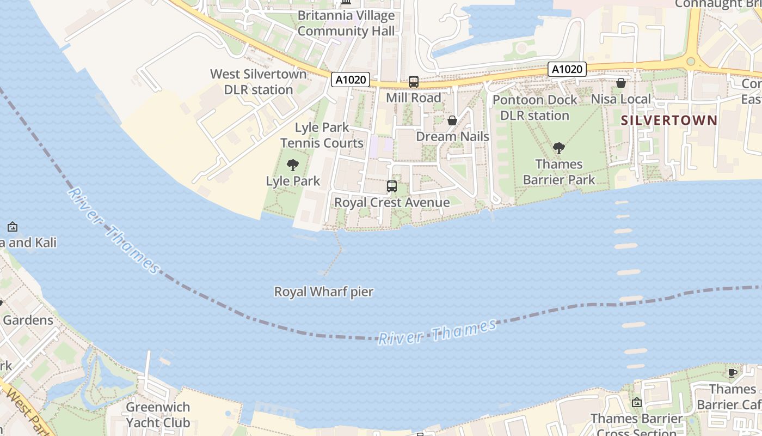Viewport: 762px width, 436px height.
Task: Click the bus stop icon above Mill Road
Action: pyautogui.click(x=414, y=82)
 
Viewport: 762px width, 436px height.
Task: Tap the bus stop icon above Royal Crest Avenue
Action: pyautogui.click(x=392, y=186)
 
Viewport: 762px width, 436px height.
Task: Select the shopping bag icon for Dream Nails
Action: pyautogui.click(x=452, y=120)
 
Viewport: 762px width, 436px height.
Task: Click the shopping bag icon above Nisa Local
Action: pyautogui.click(x=621, y=83)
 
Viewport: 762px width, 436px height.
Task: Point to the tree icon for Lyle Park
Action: pyautogui.click(x=293, y=165)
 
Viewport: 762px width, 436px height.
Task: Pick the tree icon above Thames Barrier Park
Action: pyautogui.click(x=558, y=148)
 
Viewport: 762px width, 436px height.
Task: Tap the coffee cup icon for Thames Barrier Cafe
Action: pyautogui.click(x=733, y=373)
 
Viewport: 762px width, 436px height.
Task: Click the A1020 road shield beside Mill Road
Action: pyautogui.click(x=351, y=80)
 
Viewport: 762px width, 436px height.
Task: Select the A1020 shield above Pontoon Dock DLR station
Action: pyautogui.click(x=567, y=69)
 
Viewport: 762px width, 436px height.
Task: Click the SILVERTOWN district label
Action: pyautogui.click(x=669, y=120)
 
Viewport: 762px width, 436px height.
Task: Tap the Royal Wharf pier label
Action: pyautogui.click(x=324, y=292)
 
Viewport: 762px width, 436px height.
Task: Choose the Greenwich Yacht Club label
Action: pyautogui.click(x=158, y=415)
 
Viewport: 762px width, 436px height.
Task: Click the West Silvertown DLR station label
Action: pyautogui.click(x=259, y=82)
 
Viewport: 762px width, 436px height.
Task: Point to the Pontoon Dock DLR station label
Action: pyautogui.click(x=534, y=107)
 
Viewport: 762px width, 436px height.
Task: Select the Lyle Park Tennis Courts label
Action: pyautogui.click(x=322, y=135)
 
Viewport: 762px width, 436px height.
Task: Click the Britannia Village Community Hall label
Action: pyautogui.click(x=346, y=23)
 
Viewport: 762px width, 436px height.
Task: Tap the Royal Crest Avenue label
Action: pyautogui.click(x=392, y=203)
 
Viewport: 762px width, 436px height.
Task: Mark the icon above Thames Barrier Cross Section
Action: pyautogui.click(x=637, y=403)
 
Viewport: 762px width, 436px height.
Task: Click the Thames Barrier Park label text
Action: pyautogui.click(x=559, y=172)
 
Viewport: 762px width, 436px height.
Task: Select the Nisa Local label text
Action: pyautogui.click(x=621, y=99)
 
